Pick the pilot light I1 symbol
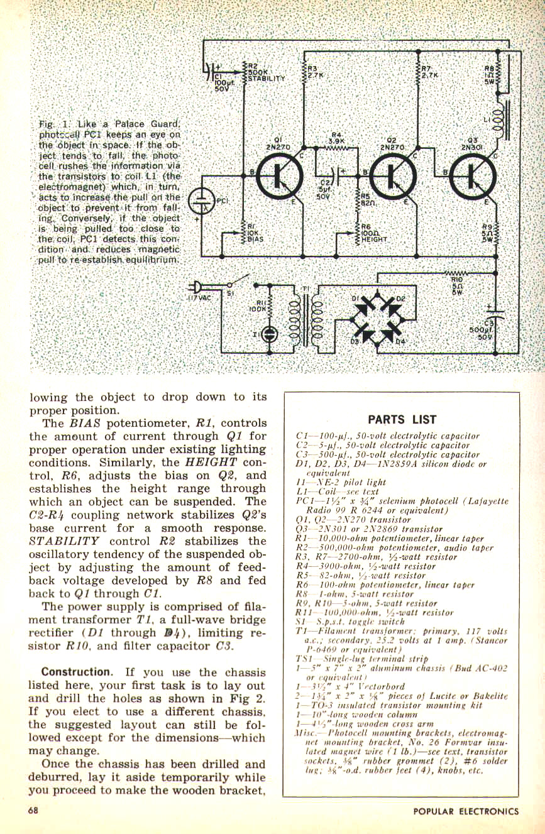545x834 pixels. tap(269, 334)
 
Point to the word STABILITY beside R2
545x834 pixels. tap(267, 79)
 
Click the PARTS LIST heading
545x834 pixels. tap(402, 420)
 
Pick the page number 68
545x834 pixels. tap(33, 811)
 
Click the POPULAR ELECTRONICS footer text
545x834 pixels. tap(466, 811)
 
